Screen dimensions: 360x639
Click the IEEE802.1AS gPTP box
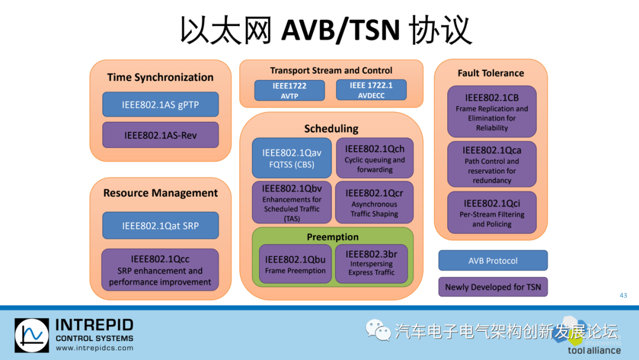[160, 104]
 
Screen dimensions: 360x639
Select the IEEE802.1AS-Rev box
[160, 135]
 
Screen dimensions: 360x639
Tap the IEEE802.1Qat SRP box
[160, 226]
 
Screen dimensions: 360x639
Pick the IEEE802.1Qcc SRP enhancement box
[160, 270]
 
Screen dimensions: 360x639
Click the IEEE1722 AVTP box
[289, 91]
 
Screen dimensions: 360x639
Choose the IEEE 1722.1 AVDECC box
[371, 90]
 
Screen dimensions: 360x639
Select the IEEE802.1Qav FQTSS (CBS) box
[292, 158]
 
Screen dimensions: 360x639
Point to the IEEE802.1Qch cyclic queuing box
[375, 158]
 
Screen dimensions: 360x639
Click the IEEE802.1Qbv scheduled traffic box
[292, 202]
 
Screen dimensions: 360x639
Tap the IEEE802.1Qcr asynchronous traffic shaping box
[374, 202]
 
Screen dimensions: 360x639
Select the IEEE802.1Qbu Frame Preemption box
[295, 264]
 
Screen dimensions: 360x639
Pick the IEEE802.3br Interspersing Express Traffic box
[372, 264]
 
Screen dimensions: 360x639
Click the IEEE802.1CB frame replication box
[492, 112]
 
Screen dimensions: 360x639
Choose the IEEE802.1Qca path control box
[492, 165]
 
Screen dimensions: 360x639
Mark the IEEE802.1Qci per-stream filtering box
[492, 213]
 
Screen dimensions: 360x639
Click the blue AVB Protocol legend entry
[493, 261]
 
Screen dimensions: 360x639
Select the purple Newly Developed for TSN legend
[493, 287]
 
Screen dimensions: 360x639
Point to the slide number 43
[623, 295]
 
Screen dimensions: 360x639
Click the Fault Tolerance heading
[490, 73]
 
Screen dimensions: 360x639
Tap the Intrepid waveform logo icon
[32, 336]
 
